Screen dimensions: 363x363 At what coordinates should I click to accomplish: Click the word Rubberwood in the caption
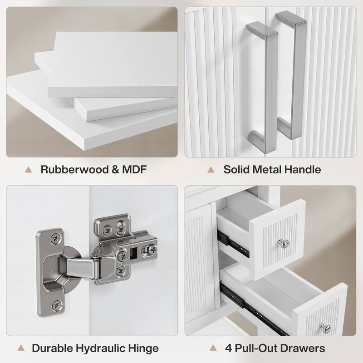tap(74, 169)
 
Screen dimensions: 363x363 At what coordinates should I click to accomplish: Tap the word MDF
tap(134, 169)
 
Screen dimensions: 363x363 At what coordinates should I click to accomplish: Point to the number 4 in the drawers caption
tap(229, 348)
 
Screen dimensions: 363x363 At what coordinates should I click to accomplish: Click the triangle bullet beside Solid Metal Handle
tap(211, 170)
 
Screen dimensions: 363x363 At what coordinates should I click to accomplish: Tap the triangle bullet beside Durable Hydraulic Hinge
tap(21, 348)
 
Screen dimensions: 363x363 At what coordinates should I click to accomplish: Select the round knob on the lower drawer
tap(326, 328)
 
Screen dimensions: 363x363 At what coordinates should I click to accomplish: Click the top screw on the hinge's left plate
tap(55, 238)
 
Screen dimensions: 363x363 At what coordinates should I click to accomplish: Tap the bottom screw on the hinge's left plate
tap(57, 306)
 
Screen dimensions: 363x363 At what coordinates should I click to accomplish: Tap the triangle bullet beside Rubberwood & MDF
tap(29, 170)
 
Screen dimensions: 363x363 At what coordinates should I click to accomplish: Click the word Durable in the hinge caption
tap(52, 348)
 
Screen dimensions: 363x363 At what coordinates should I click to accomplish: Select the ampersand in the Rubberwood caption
tap(115, 169)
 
